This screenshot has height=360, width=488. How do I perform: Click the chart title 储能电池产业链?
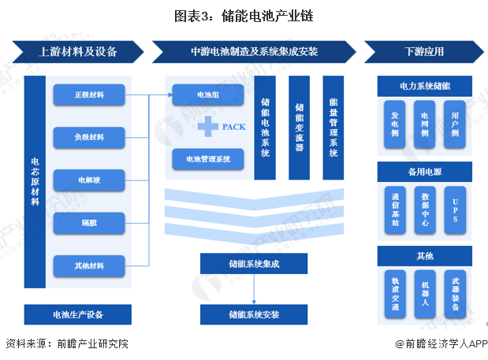(x=244, y=13)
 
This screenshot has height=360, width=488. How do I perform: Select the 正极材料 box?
(x=89, y=95)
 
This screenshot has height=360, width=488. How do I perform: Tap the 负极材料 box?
(x=89, y=138)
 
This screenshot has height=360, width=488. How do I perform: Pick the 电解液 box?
(x=89, y=180)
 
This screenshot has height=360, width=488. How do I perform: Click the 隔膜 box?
(x=89, y=223)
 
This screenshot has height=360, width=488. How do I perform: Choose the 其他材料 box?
(x=89, y=266)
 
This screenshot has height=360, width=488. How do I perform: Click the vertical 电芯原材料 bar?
(x=35, y=181)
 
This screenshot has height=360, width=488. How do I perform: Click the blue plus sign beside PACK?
(x=207, y=125)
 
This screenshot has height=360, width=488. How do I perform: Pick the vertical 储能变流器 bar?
(x=300, y=128)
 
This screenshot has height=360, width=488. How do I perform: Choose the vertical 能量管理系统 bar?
(x=333, y=128)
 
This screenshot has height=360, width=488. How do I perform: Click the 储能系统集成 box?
(x=253, y=262)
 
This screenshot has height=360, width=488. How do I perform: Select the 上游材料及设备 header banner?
(x=77, y=52)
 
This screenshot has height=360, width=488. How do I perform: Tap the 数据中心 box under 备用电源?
(x=426, y=210)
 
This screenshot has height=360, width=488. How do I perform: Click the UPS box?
(x=456, y=210)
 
